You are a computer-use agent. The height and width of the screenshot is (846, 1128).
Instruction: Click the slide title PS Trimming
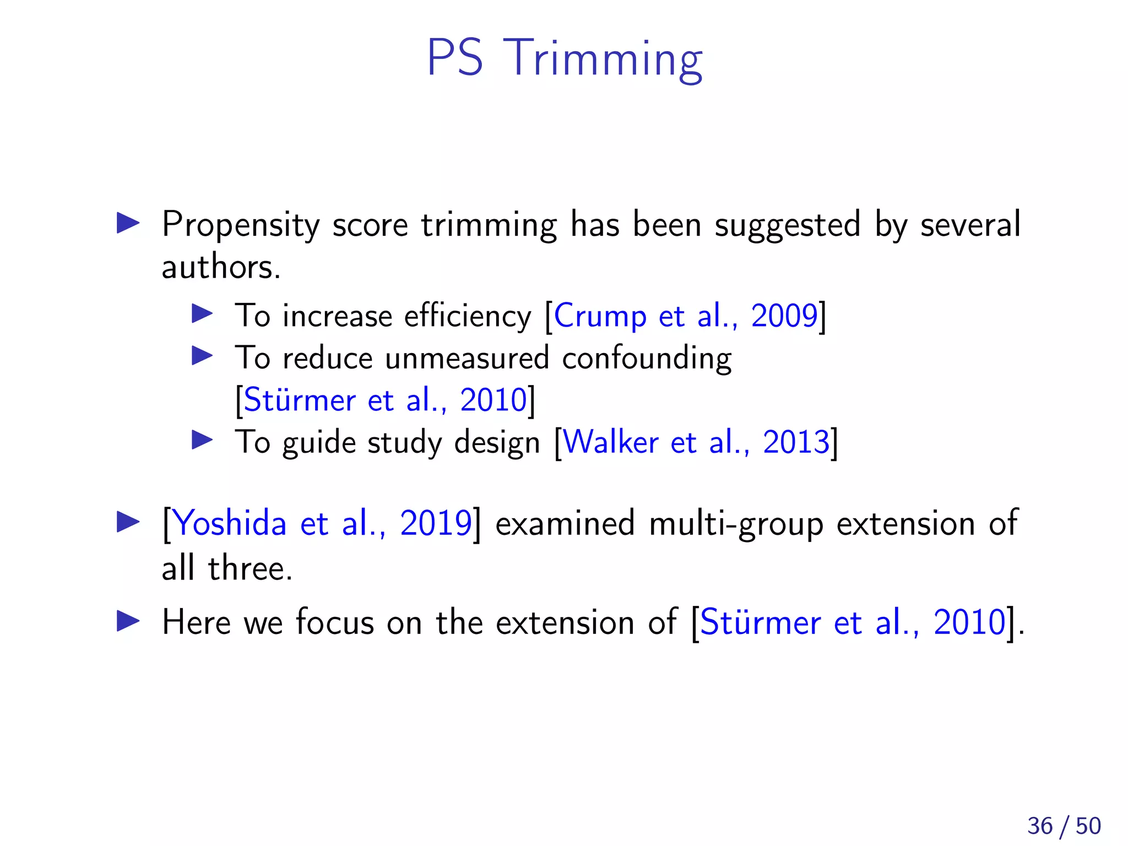[565, 58]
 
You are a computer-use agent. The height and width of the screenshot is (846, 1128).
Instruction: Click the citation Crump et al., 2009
[685, 316]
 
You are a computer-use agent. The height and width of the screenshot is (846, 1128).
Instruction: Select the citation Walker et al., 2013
[696, 442]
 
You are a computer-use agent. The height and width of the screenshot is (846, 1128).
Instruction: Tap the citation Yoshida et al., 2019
[322, 523]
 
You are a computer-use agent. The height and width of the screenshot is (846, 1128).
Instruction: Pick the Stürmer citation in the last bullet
[853, 623]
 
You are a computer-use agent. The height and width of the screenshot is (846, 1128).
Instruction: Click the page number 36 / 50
[1064, 826]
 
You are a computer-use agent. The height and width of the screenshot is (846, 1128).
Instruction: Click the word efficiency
[468, 316]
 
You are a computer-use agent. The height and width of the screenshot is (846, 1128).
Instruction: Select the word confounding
[647, 359]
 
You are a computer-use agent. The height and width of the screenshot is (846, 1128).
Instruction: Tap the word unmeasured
[467, 359]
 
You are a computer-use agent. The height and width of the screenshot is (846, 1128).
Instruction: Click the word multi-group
[736, 523]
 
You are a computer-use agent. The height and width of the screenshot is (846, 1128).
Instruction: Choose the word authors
[220, 268]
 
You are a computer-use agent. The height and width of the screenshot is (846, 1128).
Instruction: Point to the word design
[497, 442]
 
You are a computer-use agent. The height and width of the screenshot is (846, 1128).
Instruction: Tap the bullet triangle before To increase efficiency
[202, 314]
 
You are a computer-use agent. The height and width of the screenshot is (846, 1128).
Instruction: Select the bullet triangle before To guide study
[202, 440]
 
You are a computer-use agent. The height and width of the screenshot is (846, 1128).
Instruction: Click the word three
[250, 568]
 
